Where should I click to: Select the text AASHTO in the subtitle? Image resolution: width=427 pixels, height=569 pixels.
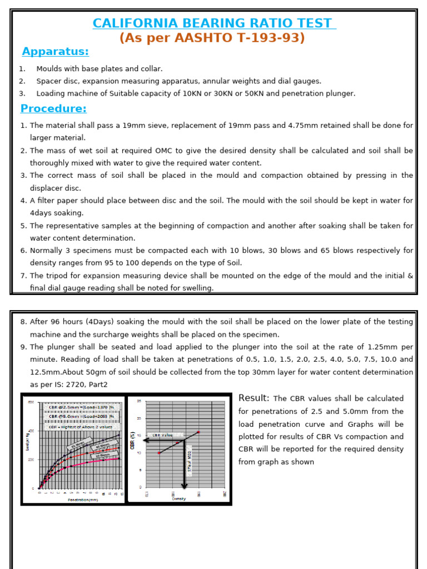point(194,38)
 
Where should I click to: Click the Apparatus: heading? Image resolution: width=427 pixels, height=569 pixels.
point(55,52)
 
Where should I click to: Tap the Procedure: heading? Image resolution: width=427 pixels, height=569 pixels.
point(53,108)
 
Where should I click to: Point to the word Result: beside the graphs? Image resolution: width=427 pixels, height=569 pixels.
point(254,398)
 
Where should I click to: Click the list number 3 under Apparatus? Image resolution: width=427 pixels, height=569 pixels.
point(22,93)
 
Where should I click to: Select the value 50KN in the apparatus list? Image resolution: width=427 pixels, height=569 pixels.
point(248,93)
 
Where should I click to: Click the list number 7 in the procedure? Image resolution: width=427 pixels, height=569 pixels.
point(23,276)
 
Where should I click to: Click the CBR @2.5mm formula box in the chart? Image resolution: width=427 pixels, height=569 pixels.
point(81,407)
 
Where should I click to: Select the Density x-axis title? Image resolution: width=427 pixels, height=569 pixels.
point(179,498)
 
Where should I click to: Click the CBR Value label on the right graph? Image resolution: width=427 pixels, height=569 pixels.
point(162,436)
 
